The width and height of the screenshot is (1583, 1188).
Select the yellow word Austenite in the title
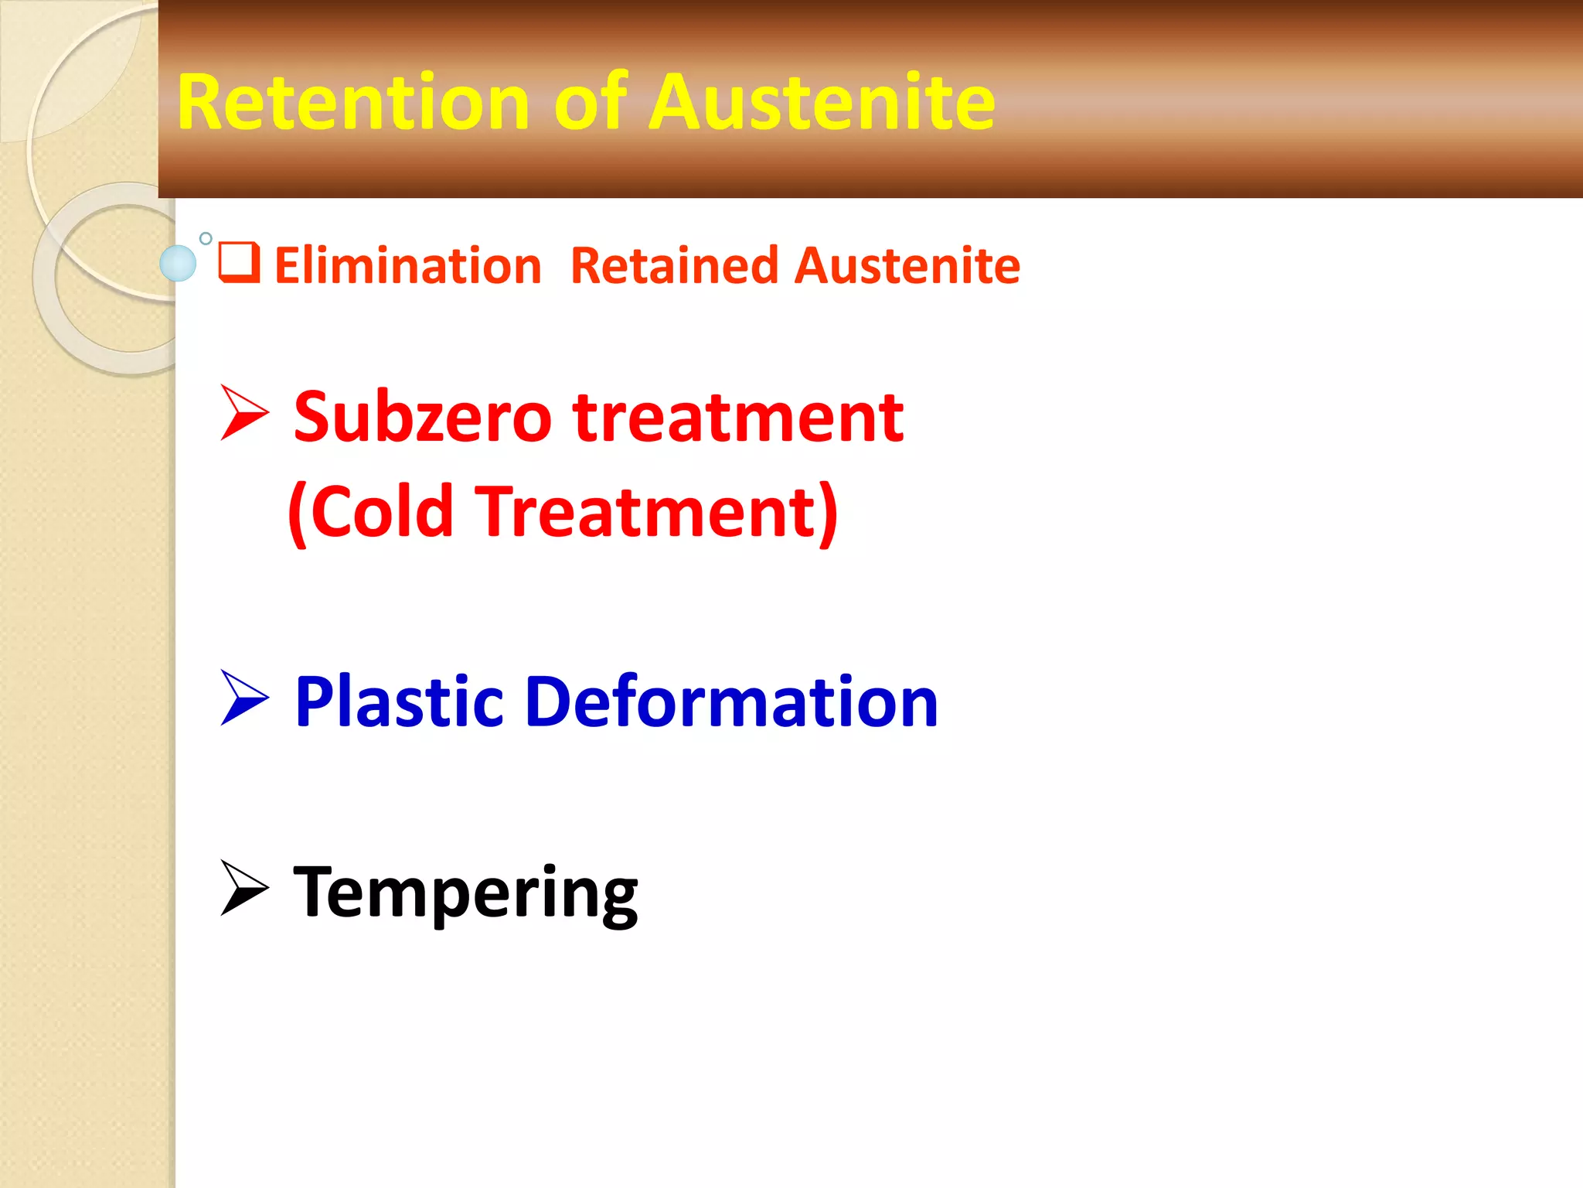tap(822, 102)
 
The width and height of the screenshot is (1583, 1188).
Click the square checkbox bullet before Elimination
tap(239, 262)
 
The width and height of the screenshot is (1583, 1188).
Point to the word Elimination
tap(408, 266)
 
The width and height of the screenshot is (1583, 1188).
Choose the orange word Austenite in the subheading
tap(907, 266)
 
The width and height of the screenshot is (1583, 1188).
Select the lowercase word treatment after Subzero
tap(738, 418)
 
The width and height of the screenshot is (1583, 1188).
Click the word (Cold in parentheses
tap(370, 511)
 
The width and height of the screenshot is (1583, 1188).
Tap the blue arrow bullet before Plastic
tap(243, 698)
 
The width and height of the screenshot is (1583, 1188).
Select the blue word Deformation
tap(731, 702)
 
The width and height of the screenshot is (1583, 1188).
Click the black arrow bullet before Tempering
tap(243, 888)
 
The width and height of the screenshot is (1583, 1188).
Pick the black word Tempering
tap(466, 893)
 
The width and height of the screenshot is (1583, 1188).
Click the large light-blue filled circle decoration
tap(178, 263)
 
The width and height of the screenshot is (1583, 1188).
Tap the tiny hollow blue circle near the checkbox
tap(206, 238)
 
